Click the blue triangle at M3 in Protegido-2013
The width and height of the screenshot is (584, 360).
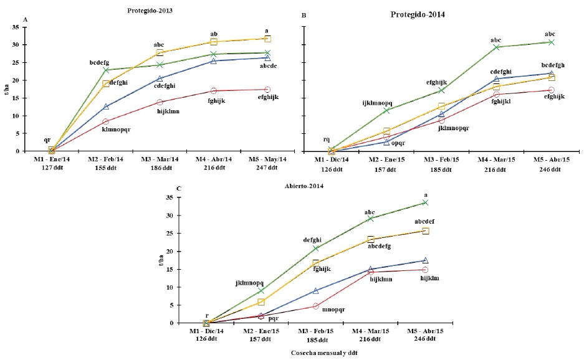pos(160,78)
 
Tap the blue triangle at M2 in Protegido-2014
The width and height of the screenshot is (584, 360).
pos(386,142)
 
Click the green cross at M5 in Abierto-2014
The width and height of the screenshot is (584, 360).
pos(426,202)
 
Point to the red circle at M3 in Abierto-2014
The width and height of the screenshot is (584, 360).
pos(316,306)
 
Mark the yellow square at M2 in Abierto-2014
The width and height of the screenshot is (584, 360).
pos(261,302)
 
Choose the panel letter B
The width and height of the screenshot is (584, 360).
pos(303,20)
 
